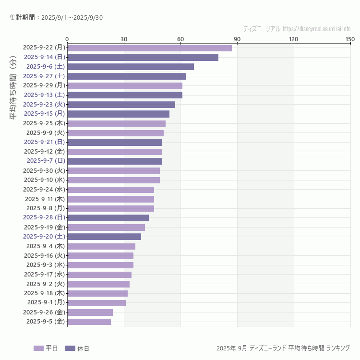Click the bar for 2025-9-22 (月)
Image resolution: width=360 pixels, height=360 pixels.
[149, 48]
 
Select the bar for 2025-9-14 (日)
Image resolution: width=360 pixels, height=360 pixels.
[143, 58]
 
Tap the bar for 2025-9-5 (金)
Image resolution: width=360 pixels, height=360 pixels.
[89, 322]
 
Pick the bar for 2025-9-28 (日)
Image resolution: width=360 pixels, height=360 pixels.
[108, 218]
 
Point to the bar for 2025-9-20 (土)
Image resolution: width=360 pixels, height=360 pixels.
[104, 237]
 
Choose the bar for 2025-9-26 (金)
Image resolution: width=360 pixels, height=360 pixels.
[90, 312]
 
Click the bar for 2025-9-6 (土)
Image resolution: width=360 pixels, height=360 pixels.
[131, 67]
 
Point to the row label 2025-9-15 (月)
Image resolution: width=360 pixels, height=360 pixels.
[44, 114]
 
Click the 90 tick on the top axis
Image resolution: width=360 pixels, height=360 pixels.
[237, 39]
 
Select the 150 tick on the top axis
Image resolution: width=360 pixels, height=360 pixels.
[350, 39]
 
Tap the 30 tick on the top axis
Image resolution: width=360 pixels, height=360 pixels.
[124, 39]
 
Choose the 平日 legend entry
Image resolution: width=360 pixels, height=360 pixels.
[46, 348]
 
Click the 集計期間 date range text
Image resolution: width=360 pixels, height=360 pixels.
[56, 18]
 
